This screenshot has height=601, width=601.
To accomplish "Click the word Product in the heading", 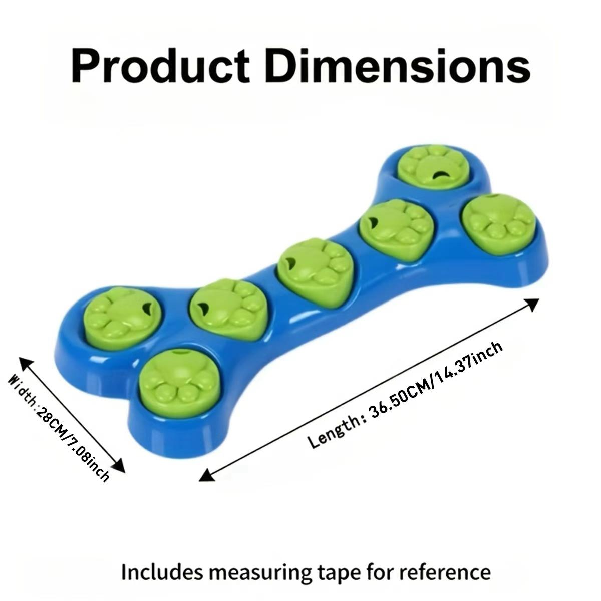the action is (160, 66).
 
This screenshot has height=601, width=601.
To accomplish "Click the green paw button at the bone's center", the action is (313, 271).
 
